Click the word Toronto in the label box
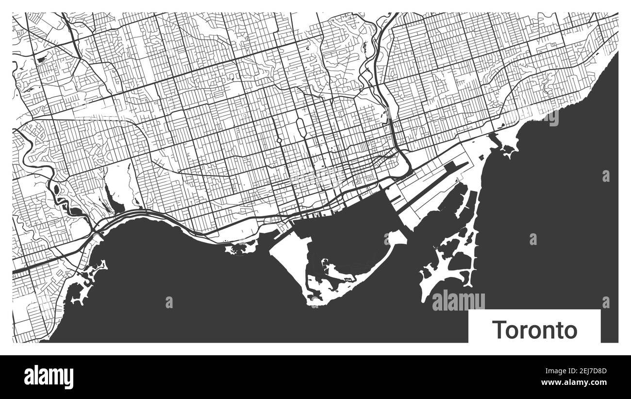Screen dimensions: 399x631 [x=535, y=330]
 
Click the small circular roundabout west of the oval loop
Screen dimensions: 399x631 [x=279, y=141]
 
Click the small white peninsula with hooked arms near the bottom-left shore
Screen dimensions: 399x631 [x=92, y=272]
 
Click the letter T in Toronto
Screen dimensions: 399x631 [x=498, y=330]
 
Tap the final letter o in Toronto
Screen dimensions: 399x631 [x=571, y=331]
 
